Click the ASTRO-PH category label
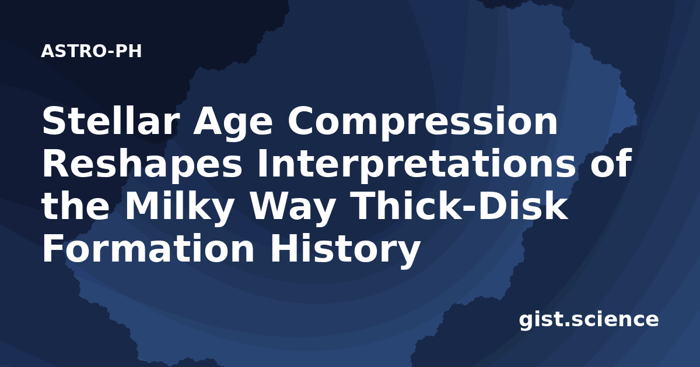tap(91, 51)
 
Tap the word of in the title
tap(611, 164)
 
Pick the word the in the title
tap(76, 206)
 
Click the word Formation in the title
tap(148, 249)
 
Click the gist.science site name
tap(589, 320)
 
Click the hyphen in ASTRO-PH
tap(111, 52)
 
